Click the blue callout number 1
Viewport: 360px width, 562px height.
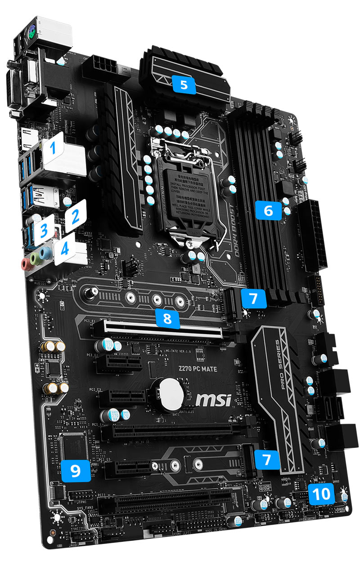[54, 147]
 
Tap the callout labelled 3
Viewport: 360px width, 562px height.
[44, 231]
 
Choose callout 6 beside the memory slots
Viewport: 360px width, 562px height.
[268, 210]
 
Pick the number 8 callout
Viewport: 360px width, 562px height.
[167, 318]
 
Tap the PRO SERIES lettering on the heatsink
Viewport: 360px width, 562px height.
[277, 359]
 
